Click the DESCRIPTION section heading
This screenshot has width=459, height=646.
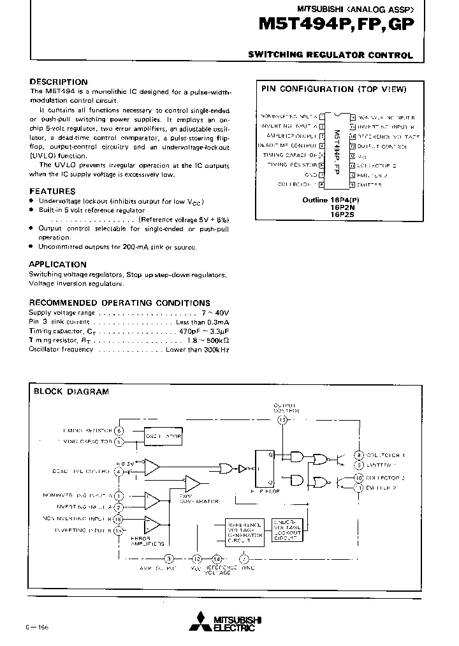[59, 82]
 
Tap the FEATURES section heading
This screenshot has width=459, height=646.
[52, 191]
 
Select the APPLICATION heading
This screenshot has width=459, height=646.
[57, 264]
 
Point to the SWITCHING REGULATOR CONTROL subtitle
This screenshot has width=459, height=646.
[330, 56]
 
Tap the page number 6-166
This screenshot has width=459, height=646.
[38, 627]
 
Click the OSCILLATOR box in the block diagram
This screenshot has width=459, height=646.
[163, 436]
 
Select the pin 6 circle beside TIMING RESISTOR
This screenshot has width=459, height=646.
[119, 431]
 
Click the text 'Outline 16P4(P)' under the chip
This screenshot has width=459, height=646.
[331, 200]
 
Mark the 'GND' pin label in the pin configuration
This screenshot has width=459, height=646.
[310, 174]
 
